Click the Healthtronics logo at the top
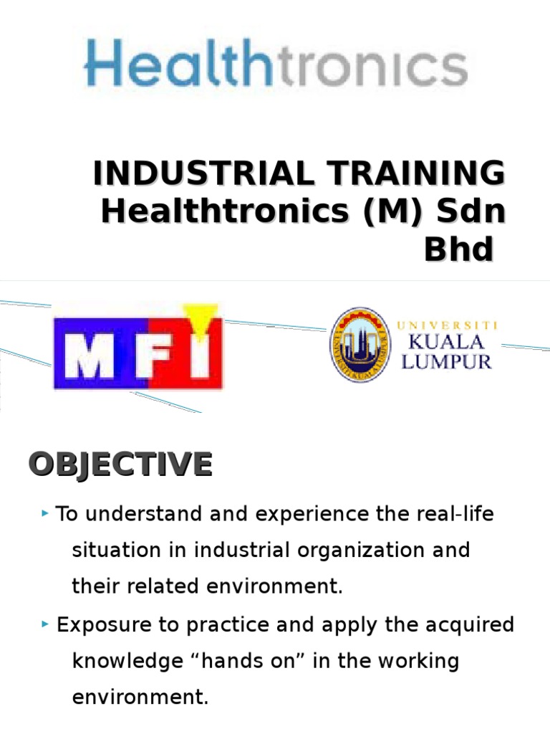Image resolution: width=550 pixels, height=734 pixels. coord(276,63)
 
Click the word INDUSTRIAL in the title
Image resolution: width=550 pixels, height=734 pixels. coord(203,173)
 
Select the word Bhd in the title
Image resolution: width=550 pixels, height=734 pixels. coord(459,249)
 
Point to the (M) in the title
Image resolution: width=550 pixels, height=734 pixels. coord(395,211)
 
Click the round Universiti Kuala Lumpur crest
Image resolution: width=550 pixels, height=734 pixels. coord(360,345)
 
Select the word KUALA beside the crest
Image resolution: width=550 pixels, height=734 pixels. coord(446,342)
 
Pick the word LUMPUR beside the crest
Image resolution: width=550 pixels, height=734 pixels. coord(447,362)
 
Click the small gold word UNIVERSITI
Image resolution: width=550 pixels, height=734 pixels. coord(447,325)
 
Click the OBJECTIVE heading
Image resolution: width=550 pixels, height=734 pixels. coord(120,464)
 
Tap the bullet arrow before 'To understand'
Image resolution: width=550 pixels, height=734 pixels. coord(45,513)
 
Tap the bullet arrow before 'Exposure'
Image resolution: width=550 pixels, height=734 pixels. coord(45,624)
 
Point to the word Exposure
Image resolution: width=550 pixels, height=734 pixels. coord(104,626)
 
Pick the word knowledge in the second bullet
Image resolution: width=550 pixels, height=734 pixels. coord(127,662)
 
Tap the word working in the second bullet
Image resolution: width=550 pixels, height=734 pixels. coord(418,662)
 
